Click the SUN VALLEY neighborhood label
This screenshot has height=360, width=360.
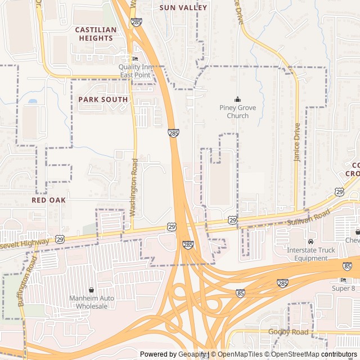183,8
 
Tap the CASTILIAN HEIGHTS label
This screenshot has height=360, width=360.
96,34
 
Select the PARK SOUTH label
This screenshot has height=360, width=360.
103,99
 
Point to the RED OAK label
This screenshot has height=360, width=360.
49,200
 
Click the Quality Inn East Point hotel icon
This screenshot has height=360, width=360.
134,59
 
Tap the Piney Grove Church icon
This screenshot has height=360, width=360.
237,100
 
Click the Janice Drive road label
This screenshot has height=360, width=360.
297,143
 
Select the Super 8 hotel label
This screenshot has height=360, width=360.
344,288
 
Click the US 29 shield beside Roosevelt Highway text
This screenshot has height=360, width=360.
60,239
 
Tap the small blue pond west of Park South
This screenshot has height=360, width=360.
32,102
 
